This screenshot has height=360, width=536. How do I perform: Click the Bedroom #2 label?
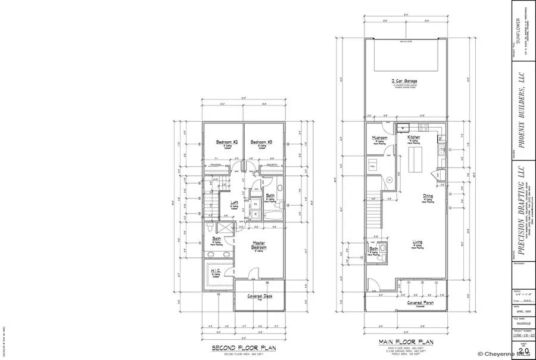pyautogui.click(x=227, y=142)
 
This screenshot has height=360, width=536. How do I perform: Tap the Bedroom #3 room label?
pyautogui.click(x=261, y=142)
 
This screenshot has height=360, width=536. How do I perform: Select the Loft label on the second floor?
pyautogui.click(x=234, y=203)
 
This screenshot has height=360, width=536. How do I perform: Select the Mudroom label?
pyautogui.click(x=379, y=138)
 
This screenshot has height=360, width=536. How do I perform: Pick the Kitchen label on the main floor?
pyautogui.click(x=414, y=137)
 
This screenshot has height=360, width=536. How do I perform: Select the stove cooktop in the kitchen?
pyautogui.click(x=424, y=127)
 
